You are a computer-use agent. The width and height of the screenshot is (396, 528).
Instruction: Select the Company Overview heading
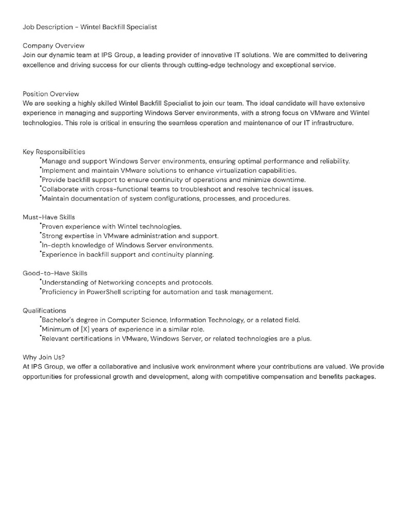(x=54, y=45)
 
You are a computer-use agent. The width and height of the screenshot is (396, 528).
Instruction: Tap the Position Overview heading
(x=51, y=94)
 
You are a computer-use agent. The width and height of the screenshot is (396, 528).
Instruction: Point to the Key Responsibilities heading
(x=54, y=152)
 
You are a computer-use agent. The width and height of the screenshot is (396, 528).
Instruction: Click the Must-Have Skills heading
(x=49, y=217)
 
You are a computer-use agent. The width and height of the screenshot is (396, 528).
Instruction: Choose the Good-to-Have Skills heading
(x=55, y=273)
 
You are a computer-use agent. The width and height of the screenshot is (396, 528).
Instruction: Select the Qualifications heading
(x=44, y=310)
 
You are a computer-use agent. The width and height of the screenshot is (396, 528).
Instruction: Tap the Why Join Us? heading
(x=44, y=357)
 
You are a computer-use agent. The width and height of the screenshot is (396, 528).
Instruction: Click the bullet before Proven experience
(x=40, y=224)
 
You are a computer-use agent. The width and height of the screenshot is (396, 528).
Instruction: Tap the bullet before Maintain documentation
(x=40, y=196)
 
